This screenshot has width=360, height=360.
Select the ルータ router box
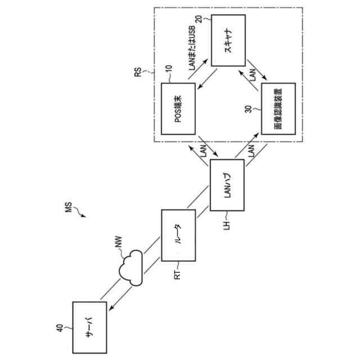point(178,236)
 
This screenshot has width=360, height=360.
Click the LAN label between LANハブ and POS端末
point(204,151)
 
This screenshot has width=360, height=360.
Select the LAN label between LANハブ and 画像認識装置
point(251,151)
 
